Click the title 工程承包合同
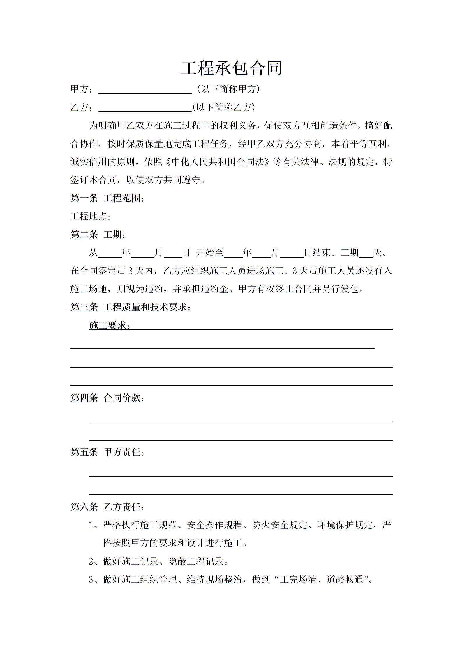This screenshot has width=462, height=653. [x=232, y=68]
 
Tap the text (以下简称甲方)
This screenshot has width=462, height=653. [x=228, y=89]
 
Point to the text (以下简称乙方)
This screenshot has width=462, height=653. [x=223, y=107]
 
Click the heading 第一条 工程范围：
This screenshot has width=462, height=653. [x=107, y=198]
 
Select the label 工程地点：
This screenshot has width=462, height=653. [x=91, y=217]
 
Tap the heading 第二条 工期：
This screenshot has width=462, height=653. [x=98, y=235]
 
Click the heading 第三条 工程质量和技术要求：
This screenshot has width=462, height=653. [x=131, y=307]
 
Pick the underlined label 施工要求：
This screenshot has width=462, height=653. [x=110, y=325]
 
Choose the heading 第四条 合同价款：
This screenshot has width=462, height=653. [x=107, y=398]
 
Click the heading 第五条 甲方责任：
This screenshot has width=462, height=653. [x=107, y=452]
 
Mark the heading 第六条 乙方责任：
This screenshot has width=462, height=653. [x=107, y=507]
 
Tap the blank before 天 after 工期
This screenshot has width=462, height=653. [x=366, y=253]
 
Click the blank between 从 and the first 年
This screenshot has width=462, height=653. [x=110, y=253]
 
